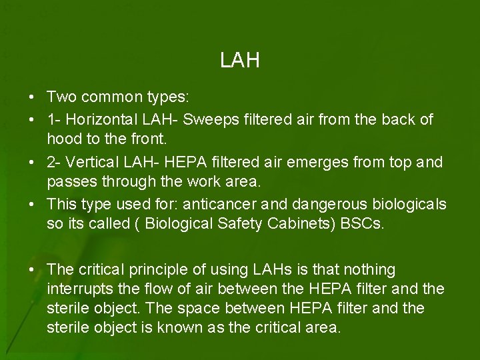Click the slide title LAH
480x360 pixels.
239,61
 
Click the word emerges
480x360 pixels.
335,163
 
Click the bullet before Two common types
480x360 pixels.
32,97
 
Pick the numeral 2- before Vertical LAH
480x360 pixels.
54,163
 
